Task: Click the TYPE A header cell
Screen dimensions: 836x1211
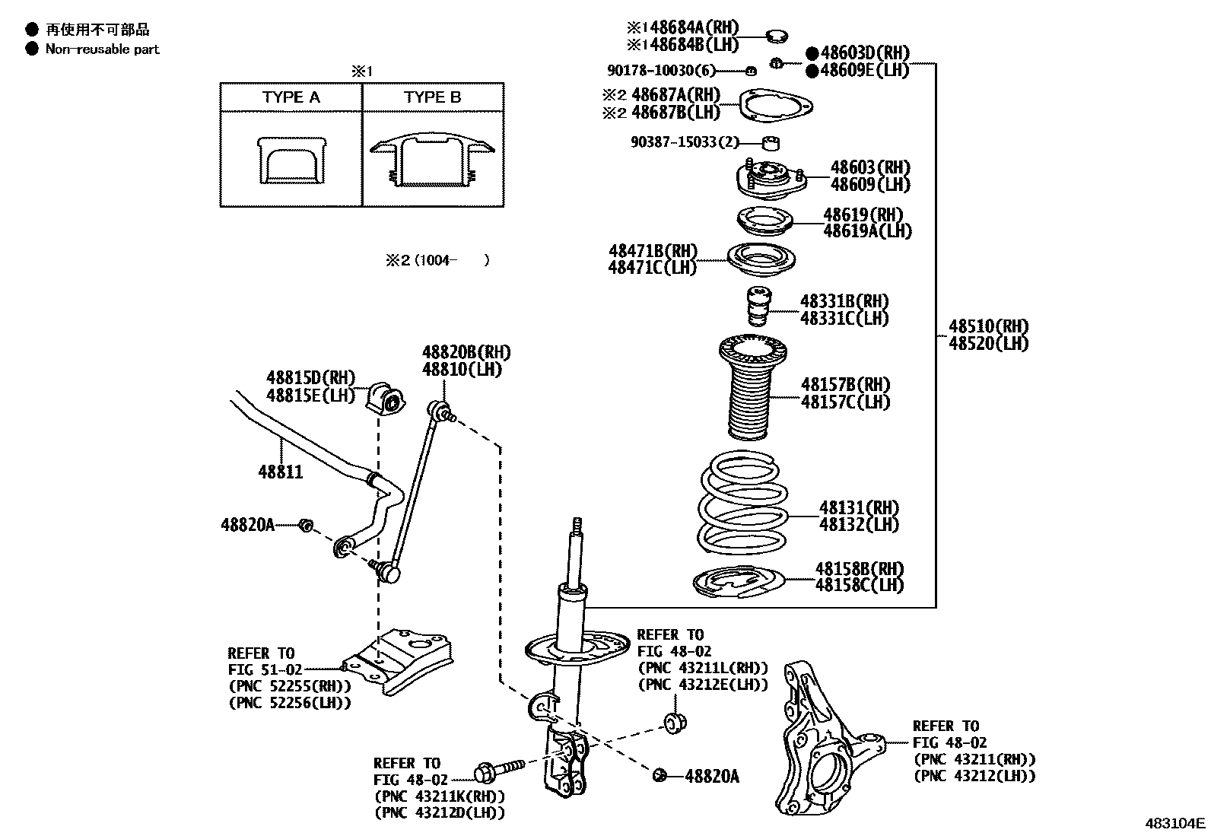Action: pyautogui.click(x=291, y=97)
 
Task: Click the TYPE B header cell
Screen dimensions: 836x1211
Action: pyautogui.click(x=433, y=97)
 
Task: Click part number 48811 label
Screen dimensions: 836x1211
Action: pyautogui.click(x=280, y=472)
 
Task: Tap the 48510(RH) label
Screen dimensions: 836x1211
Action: pyautogui.click(x=988, y=327)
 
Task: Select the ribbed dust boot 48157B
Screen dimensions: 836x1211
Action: pyautogui.click(x=753, y=392)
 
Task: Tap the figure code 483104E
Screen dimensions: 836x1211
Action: pyautogui.click(x=1176, y=823)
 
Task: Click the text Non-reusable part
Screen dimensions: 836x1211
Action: pyautogui.click(x=103, y=49)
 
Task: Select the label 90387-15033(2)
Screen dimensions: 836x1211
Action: pyautogui.click(x=685, y=142)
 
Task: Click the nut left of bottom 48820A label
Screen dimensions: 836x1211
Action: pyautogui.click(x=660, y=775)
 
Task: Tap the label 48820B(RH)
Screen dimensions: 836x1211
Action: pyautogui.click(x=466, y=353)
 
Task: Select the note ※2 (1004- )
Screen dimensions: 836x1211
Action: pyautogui.click(x=437, y=260)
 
